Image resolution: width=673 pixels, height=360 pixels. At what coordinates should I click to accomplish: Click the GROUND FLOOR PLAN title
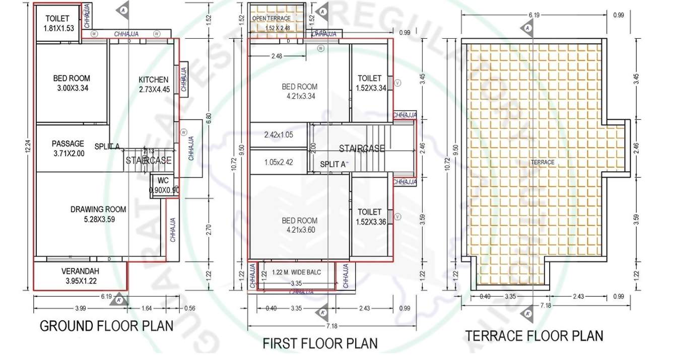point(106,326)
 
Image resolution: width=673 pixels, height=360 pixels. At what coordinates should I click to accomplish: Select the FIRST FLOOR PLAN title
point(320,343)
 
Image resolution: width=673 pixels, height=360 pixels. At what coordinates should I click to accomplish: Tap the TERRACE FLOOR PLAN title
point(533,335)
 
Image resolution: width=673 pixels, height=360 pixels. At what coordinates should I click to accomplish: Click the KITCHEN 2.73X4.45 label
point(154,84)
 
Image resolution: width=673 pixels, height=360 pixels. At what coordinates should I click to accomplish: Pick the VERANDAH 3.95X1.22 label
point(81,275)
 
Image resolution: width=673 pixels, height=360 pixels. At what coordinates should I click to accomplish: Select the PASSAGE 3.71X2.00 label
point(68,149)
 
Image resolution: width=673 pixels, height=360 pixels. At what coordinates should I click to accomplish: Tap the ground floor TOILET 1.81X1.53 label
point(56,24)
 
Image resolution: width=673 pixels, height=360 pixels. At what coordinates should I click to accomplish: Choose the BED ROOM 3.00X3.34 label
point(72,83)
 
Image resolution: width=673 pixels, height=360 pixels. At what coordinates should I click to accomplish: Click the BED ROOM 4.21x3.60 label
point(300,225)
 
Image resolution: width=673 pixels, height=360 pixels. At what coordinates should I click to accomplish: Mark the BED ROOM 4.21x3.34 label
point(300,91)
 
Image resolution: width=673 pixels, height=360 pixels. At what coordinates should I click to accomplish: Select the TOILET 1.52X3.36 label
point(370,217)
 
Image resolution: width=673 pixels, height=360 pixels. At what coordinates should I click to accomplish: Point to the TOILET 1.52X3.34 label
point(370,83)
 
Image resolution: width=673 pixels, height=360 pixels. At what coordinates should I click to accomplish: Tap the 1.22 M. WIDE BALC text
point(296,272)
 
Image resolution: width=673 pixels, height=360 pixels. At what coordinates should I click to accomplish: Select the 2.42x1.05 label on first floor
point(279,135)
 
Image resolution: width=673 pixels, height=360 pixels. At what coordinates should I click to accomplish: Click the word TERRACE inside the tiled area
point(542,162)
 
